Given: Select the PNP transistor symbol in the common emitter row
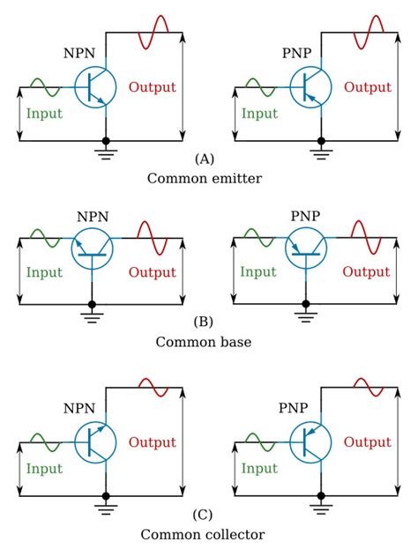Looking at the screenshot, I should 310,87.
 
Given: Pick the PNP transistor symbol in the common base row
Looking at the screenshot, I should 305,246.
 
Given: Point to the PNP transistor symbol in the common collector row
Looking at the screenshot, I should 310,441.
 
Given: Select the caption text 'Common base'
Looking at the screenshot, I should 204,341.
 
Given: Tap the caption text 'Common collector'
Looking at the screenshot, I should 203,534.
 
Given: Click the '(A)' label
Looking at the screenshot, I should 204,159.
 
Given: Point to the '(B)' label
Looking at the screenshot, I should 204,322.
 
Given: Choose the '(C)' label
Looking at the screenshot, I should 204,515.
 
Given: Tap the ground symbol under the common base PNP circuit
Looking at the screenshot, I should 306,314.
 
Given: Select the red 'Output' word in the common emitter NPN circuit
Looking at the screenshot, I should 153,87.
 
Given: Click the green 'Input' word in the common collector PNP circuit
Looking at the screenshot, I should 259,469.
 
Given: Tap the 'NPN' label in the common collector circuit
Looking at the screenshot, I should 78,409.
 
